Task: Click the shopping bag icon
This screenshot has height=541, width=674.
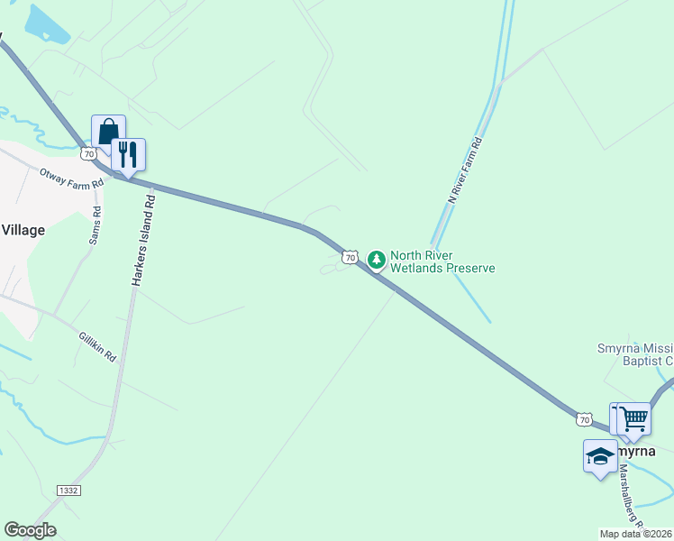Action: [108, 132]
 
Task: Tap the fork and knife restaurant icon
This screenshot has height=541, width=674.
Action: [128, 155]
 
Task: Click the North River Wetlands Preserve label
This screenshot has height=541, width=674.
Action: [442, 261]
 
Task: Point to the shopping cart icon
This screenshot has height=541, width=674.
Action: [635, 418]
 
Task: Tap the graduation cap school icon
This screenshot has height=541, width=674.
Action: [600, 456]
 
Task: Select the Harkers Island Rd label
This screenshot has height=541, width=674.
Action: [144, 242]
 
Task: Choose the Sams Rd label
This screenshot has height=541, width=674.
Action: [96, 225]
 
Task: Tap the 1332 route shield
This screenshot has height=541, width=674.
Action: [68, 490]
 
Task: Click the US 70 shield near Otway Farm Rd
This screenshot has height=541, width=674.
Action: [88, 154]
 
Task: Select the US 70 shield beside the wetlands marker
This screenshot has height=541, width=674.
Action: [350, 258]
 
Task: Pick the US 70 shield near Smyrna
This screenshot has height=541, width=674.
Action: [584, 419]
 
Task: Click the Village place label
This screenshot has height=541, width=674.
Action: [23, 230]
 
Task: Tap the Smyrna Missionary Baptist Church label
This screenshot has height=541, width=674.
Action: [636, 354]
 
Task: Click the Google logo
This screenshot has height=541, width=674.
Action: [30, 530]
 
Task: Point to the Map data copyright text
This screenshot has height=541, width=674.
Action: [636, 534]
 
